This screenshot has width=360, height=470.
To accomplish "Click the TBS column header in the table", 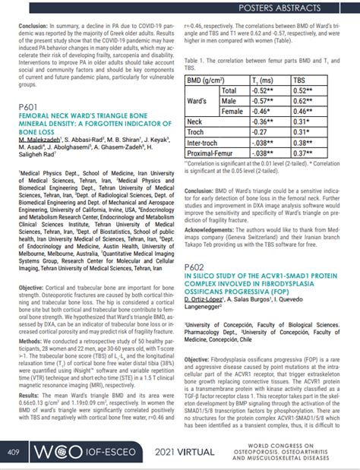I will click(x=302, y=80).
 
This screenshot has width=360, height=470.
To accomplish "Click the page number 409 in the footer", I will click(x=13, y=453).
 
